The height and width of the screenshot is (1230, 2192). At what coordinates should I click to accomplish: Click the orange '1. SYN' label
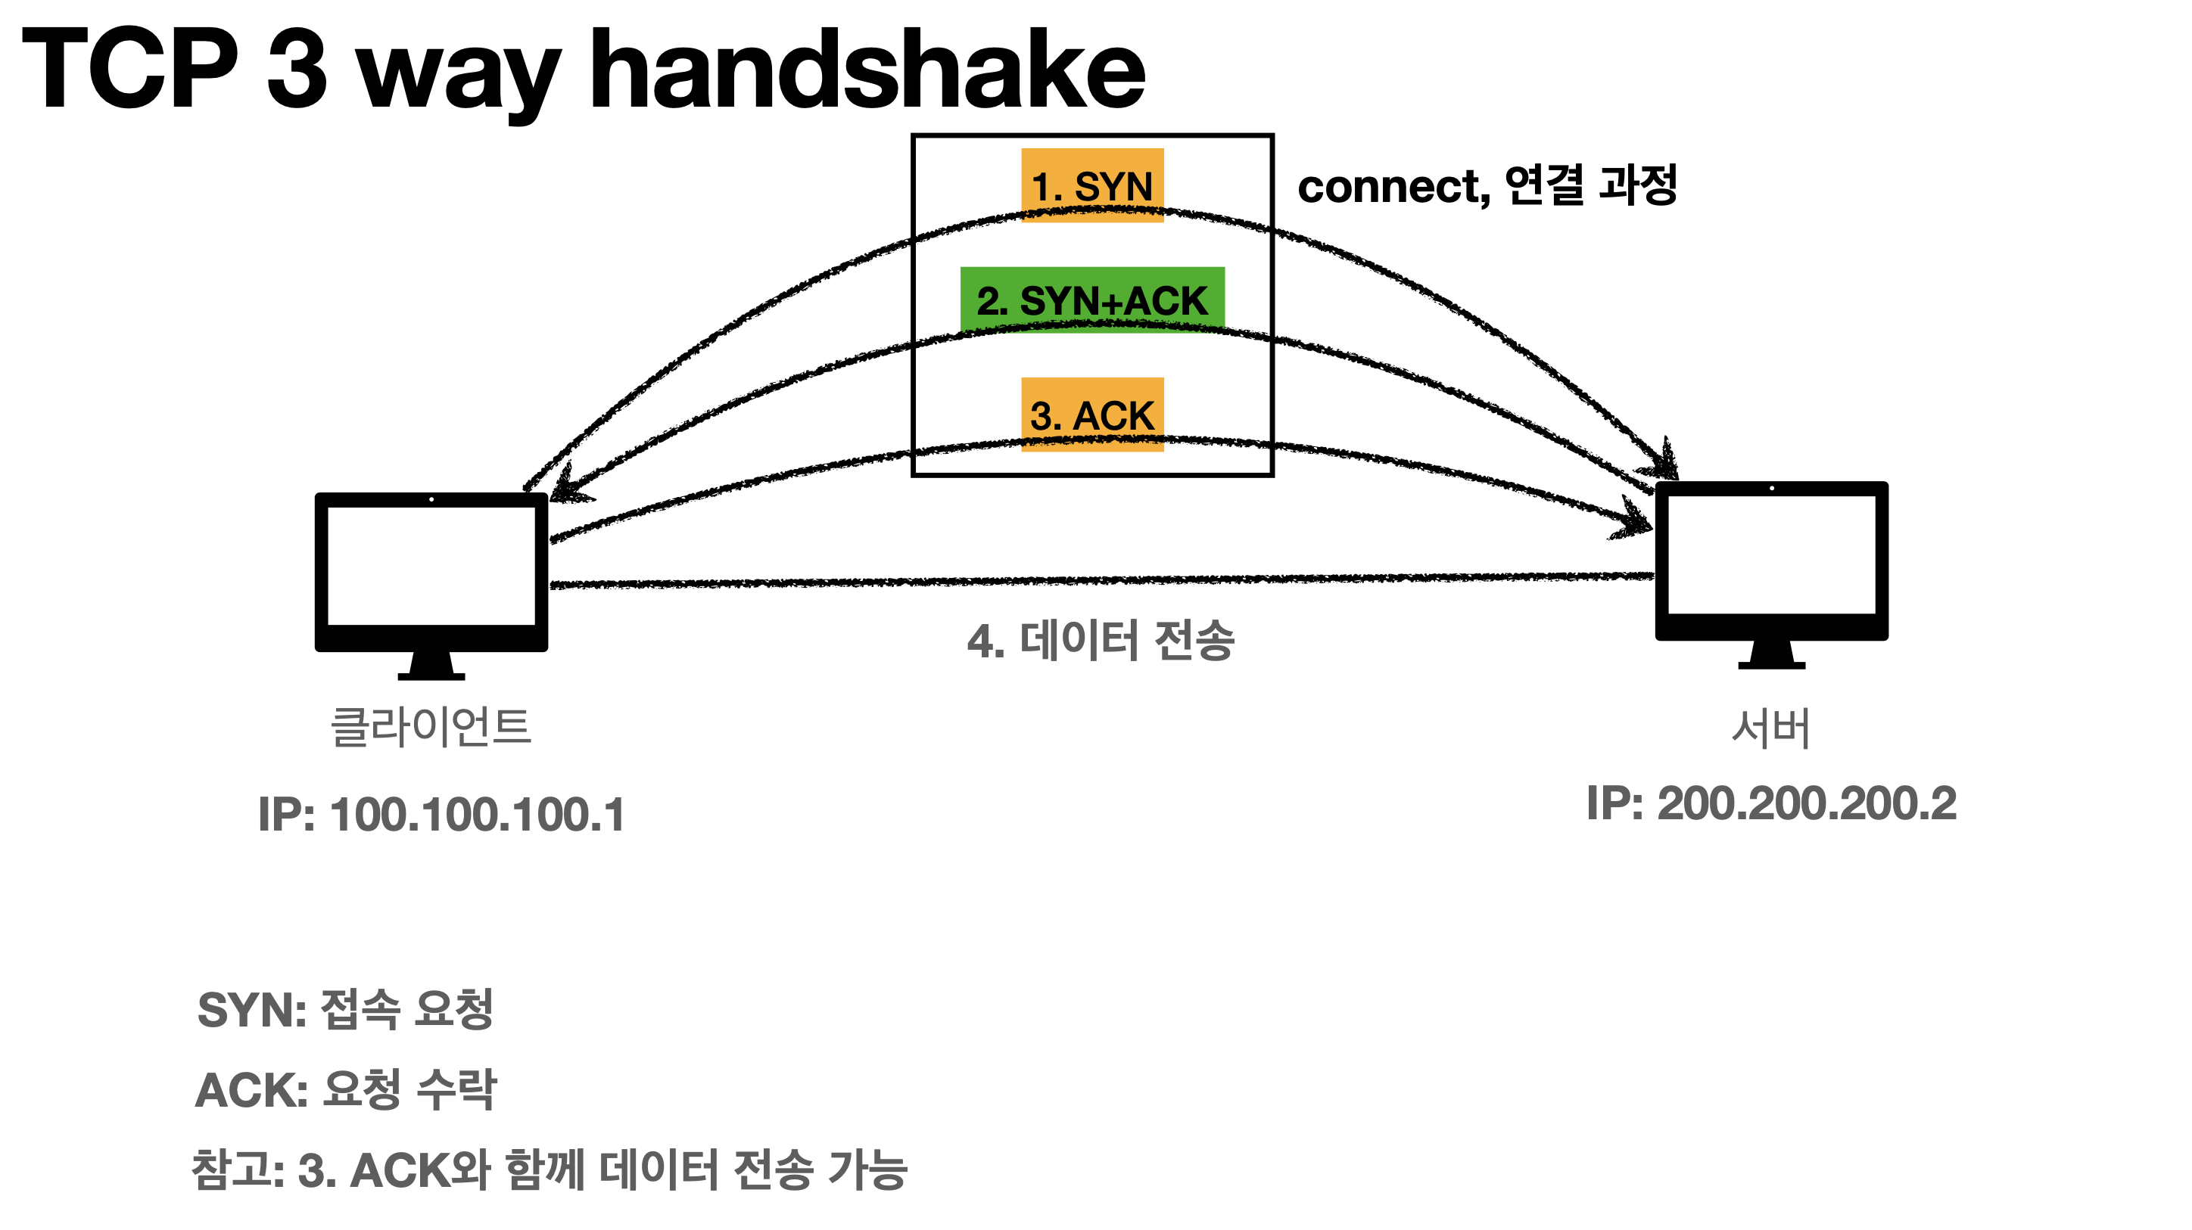[1091, 185]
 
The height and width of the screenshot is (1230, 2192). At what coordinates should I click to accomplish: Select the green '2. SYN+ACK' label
[1091, 300]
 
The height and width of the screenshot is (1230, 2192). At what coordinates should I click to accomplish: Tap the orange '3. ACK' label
[1091, 415]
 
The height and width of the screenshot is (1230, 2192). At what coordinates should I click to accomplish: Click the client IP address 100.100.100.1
[441, 815]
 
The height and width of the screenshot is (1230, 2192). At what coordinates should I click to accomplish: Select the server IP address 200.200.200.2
[1771, 804]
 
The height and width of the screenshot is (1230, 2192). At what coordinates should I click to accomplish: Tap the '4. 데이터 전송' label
[1101, 641]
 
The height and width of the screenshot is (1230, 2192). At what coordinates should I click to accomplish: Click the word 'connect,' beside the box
[1393, 186]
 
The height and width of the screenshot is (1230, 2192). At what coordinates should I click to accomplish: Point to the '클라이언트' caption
[431, 727]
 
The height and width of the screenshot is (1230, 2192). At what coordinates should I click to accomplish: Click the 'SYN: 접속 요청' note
[345, 1010]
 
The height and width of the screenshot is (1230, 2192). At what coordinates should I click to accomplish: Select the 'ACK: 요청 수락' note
[345, 1089]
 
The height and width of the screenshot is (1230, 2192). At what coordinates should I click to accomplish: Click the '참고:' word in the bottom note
[238, 1169]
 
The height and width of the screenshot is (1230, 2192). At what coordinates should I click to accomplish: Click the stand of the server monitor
[1771, 656]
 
